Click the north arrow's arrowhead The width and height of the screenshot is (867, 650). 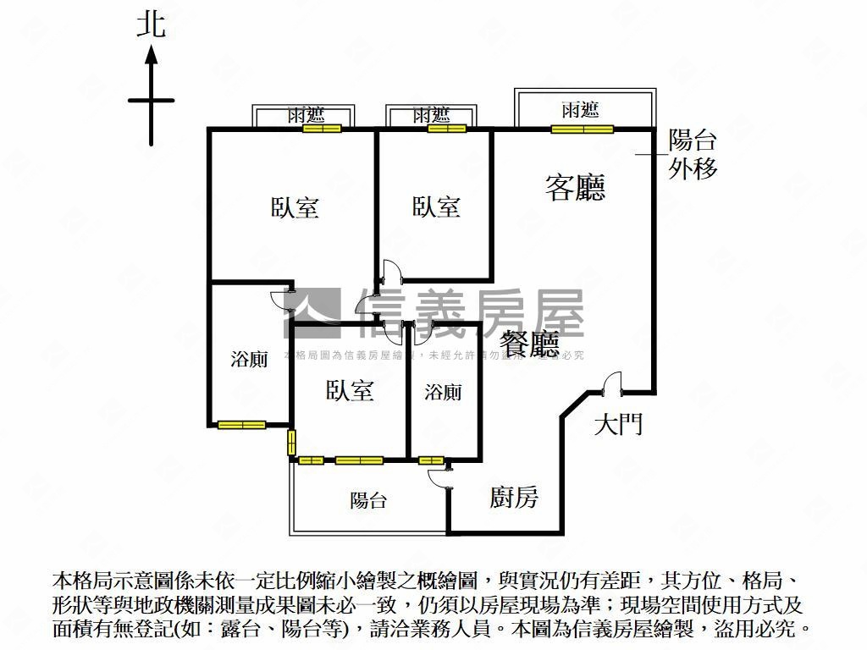pyautogui.click(x=152, y=55)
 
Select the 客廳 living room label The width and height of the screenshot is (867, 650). pyautogui.click(x=575, y=187)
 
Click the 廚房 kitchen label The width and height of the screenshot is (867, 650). pyautogui.click(x=514, y=498)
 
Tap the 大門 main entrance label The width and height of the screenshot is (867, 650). pyautogui.click(x=617, y=423)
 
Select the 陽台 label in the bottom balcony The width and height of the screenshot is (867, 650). pyautogui.click(x=368, y=500)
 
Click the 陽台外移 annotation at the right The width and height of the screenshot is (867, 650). pyautogui.click(x=693, y=154)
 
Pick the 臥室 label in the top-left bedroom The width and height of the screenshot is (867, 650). pyautogui.click(x=295, y=207)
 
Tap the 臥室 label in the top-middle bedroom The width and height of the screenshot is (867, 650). pyautogui.click(x=436, y=206)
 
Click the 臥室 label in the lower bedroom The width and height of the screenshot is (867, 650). pyautogui.click(x=350, y=390)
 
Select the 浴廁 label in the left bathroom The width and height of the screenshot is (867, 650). pyautogui.click(x=249, y=359)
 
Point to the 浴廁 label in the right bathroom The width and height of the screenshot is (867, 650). pyautogui.click(x=443, y=392)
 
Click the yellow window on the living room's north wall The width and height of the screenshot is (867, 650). pyautogui.click(x=582, y=129)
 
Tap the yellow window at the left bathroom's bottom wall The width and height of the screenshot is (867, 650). pyautogui.click(x=241, y=425)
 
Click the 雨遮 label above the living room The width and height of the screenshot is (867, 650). pyautogui.click(x=580, y=109)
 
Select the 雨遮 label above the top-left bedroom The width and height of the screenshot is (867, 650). pyautogui.click(x=306, y=115)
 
